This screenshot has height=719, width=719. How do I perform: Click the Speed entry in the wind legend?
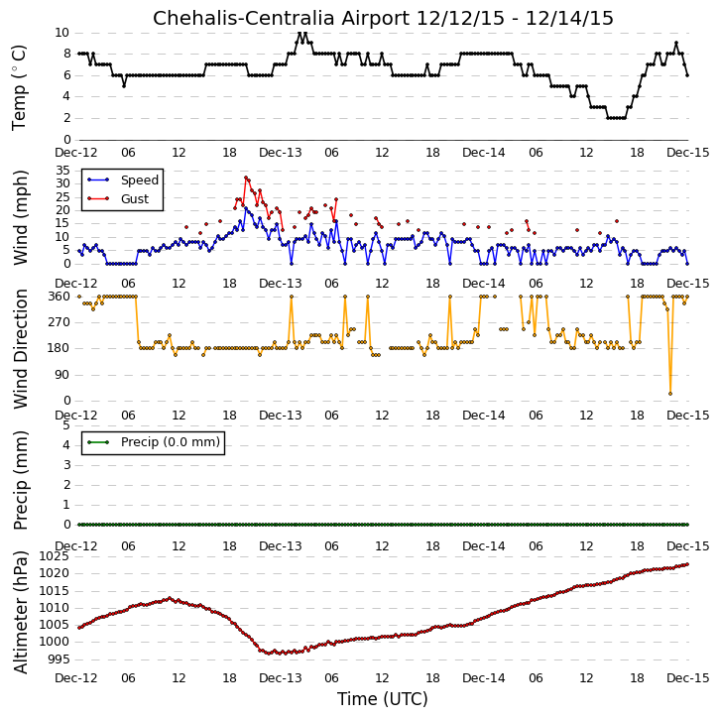pyautogui.click(x=140, y=180)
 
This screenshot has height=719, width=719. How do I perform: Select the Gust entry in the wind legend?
pyautogui.click(x=135, y=199)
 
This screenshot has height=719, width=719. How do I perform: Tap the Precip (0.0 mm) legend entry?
pyautogui.click(x=171, y=442)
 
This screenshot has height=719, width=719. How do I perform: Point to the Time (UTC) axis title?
pyautogui.click(x=383, y=699)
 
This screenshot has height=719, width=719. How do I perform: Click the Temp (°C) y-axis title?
pyautogui.click(x=19, y=87)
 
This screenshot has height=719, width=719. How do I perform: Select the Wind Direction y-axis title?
pyautogui.click(x=21, y=349)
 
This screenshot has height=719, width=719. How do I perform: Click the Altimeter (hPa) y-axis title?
pyautogui.click(x=21, y=612)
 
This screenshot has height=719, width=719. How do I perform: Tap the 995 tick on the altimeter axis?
pyautogui.click(x=59, y=659)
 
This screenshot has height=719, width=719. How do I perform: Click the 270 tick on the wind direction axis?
pyautogui.click(x=60, y=322)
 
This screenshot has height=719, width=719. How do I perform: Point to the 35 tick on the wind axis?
pyautogui.click(x=62, y=171)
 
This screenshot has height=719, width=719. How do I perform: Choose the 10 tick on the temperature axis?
pyautogui.click(x=61, y=33)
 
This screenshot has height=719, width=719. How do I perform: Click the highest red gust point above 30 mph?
pyautogui.click(x=246, y=178)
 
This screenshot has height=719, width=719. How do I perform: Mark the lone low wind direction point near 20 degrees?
pyautogui.click(x=670, y=394)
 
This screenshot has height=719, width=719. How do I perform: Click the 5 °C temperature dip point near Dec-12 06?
pyautogui.click(x=124, y=85)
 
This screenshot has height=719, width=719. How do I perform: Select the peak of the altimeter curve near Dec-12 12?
pyautogui.click(x=170, y=598)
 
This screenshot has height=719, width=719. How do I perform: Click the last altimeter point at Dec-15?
pyautogui.click(x=687, y=564)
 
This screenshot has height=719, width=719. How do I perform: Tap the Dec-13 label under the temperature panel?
pyautogui.click(x=281, y=153)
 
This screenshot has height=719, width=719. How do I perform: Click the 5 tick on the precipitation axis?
pyautogui.click(x=66, y=425)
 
